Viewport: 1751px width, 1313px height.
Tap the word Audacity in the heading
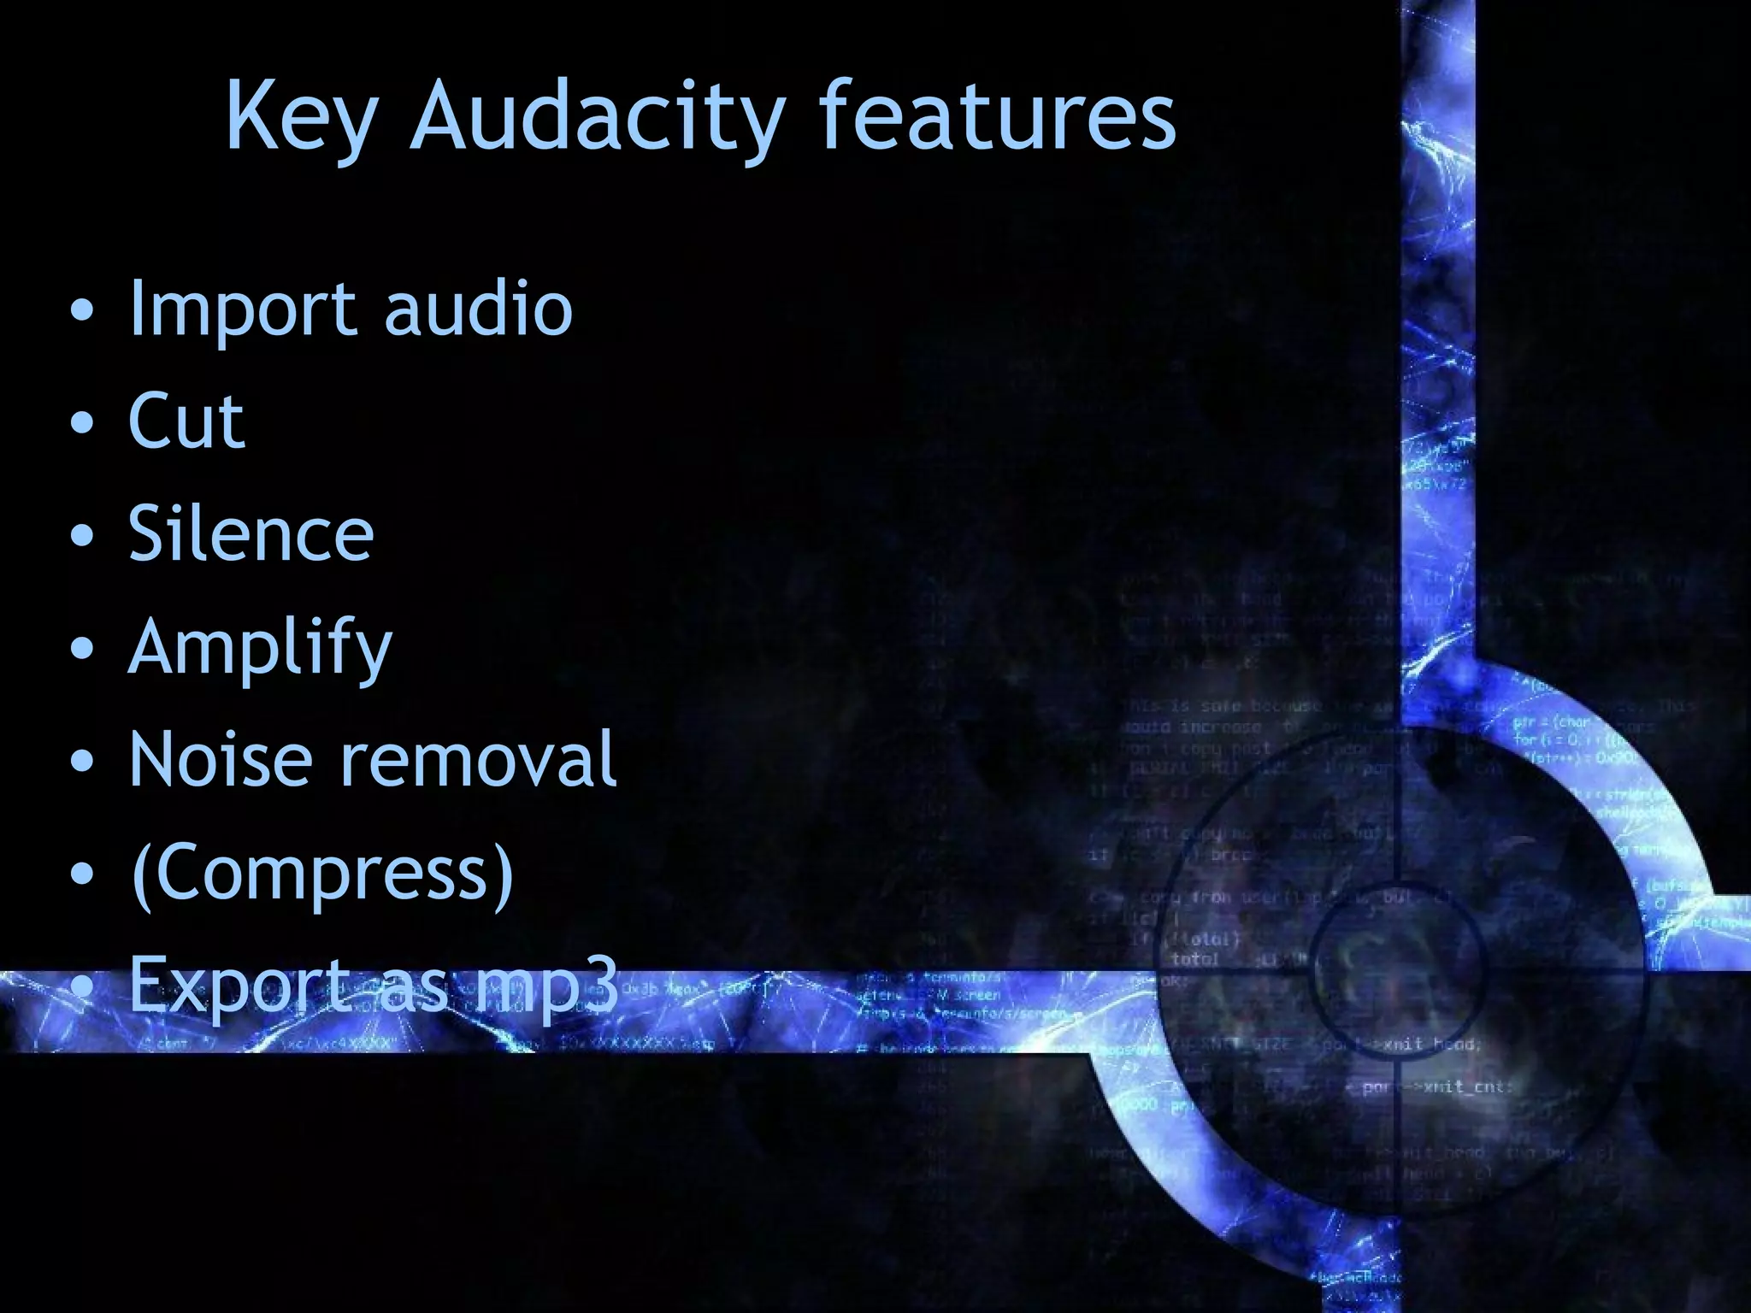click(x=598, y=117)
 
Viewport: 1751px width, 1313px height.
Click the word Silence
click(x=251, y=533)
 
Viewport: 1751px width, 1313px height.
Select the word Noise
click(x=221, y=759)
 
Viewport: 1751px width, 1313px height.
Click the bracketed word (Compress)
click(x=322, y=874)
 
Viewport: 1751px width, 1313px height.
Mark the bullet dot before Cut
click(x=82, y=423)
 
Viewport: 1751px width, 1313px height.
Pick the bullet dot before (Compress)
click(x=82, y=874)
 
